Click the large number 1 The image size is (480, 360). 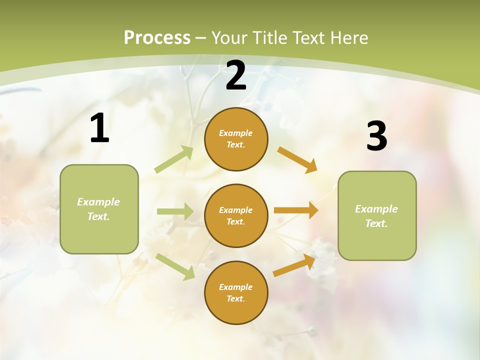(x=99, y=128)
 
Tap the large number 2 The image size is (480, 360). (x=236, y=75)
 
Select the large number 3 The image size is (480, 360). (x=376, y=136)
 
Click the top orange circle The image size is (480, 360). (x=236, y=139)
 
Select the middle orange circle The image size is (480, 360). (x=236, y=215)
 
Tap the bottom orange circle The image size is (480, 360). (x=236, y=292)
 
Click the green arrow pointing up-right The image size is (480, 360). (x=174, y=159)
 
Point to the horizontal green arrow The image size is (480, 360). (x=175, y=211)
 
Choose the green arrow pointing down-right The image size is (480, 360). (x=175, y=266)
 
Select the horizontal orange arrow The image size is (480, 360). (x=296, y=210)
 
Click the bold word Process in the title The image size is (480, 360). (x=157, y=37)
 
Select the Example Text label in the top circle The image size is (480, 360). (x=236, y=139)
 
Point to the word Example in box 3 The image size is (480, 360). (x=376, y=209)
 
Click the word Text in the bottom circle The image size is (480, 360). (x=235, y=298)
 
